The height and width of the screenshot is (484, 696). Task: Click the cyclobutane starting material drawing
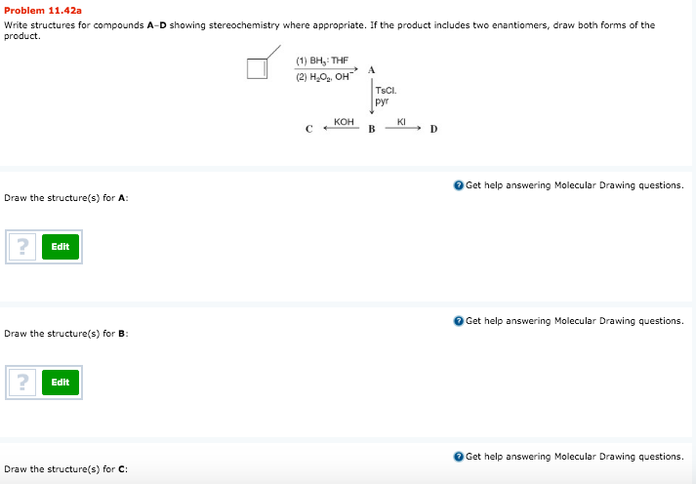(259, 66)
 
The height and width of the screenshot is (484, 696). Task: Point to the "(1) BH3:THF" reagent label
(321, 60)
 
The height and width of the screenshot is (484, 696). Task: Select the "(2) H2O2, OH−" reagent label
(323, 78)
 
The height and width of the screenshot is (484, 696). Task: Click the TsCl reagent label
(383, 91)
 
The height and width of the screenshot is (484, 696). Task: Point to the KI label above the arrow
(401, 120)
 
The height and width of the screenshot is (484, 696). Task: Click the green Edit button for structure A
(61, 247)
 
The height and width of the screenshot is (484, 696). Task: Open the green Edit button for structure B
(61, 382)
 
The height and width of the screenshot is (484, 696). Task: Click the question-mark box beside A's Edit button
(21, 247)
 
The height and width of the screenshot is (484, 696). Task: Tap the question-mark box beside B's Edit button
(21, 382)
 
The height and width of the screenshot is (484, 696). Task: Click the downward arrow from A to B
(371, 98)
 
